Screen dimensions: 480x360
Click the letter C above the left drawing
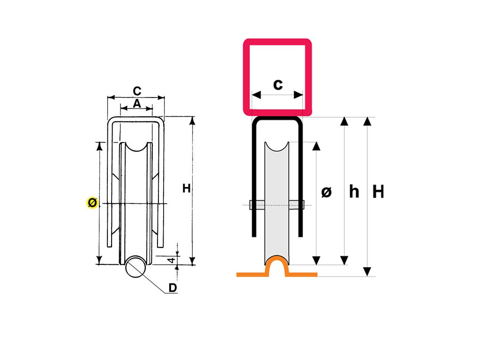pos(137,91)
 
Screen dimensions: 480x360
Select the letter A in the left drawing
pos(136,104)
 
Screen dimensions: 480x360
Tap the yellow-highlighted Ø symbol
pos(92,203)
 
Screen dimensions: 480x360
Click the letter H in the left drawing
pos(187,188)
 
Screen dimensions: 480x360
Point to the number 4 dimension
pos(172,259)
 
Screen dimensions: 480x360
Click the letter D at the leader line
pos(172,288)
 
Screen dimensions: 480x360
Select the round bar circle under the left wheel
pos(135,267)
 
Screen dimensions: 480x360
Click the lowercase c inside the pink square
pos(278,84)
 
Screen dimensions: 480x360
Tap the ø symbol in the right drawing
pos(327,192)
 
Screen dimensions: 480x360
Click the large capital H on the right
pos(378,192)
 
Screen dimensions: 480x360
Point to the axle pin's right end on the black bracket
pos(302,205)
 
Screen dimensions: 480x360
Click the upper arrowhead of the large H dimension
pos(368,121)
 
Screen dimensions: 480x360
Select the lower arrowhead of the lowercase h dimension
pos(345,260)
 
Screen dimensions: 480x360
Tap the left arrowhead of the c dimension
pos(255,95)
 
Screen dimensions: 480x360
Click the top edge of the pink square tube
pos(277,42)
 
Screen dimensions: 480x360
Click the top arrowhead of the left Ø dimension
pos(99,146)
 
